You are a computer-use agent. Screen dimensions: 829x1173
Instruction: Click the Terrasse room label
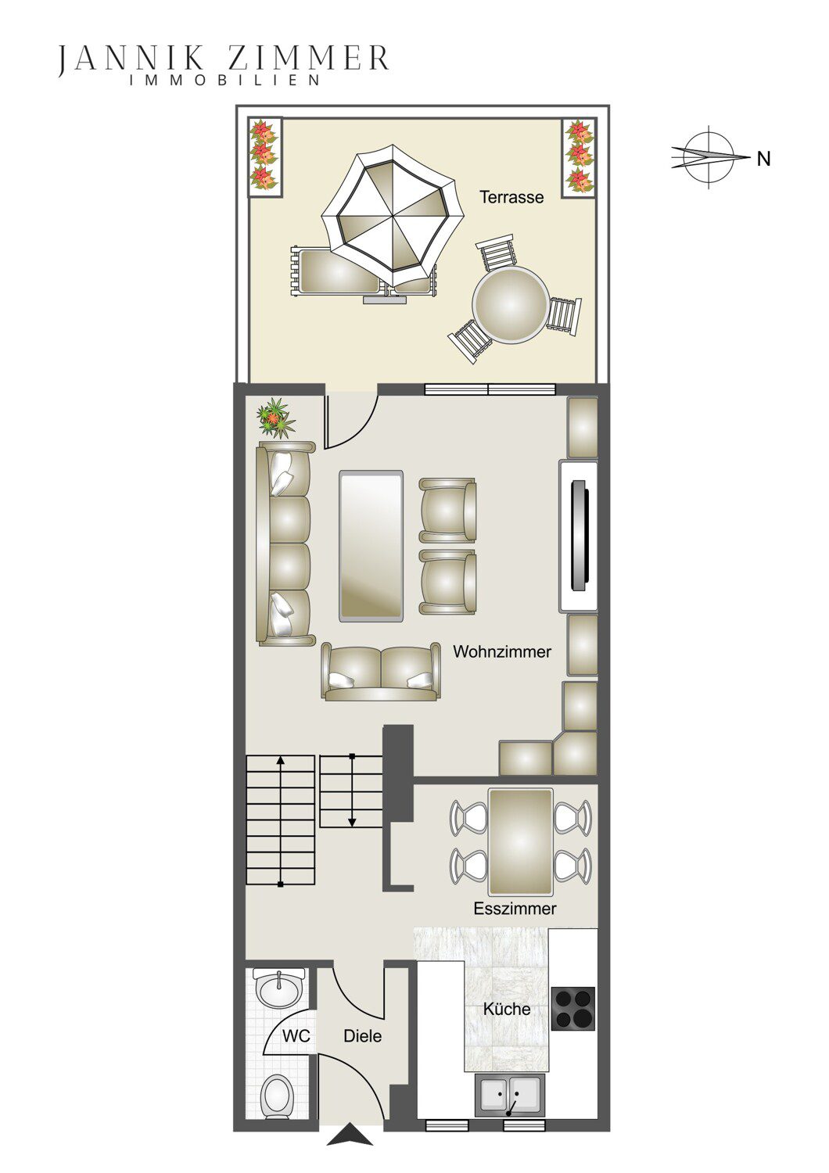coord(511,197)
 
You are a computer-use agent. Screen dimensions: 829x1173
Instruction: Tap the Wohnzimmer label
coord(502,652)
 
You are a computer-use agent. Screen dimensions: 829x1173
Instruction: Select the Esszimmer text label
coord(515,909)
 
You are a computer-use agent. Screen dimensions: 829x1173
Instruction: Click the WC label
coord(296,1036)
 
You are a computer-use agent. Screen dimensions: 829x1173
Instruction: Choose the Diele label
coord(362,1036)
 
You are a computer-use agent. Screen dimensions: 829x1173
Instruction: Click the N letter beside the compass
coord(763,158)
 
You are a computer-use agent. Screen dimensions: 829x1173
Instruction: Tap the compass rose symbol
coord(709,156)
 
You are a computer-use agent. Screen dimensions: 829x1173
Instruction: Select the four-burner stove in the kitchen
coord(573,1009)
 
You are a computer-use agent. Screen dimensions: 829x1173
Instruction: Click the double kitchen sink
coord(509,1094)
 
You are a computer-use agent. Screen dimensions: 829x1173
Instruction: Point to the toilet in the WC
coord(278,1098)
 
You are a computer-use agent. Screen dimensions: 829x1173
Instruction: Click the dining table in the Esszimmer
coord(521,842)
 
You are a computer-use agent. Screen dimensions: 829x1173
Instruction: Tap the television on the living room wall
coord(580,536)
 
